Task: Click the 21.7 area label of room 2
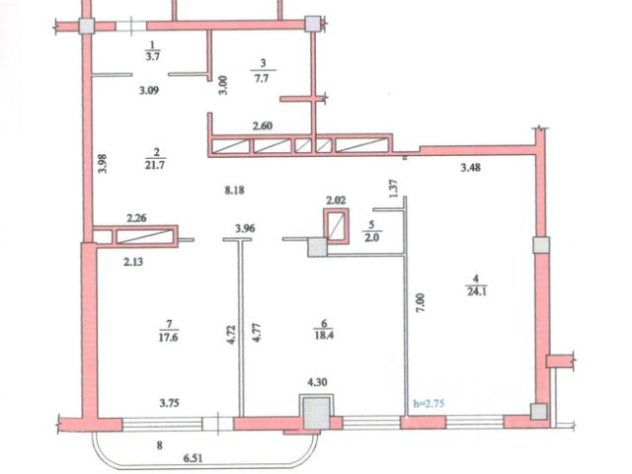pos(155,165)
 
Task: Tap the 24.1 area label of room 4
pos(476,291)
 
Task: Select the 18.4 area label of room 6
pos(324,336)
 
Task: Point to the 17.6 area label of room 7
pos(169,337)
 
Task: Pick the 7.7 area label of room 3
pos(262,78)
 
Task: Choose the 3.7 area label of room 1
pos(153,56)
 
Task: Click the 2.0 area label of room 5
pos(372,237)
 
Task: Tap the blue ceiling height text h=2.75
pos(429,403)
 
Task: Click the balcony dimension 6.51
pos(194,458)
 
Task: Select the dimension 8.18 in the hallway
pos(234,190)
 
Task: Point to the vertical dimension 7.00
pos(420,303)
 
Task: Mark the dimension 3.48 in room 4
pos(471,167)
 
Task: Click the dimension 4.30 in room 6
pos(318,382)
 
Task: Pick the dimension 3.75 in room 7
pos(169,403)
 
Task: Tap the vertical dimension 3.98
pos(103,164)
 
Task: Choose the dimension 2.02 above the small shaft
pos(336,200)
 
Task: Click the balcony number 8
pos(160,445)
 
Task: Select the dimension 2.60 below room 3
pos(263,126)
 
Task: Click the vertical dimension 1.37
pos(393,189)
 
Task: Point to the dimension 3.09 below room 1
pos(149,90)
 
